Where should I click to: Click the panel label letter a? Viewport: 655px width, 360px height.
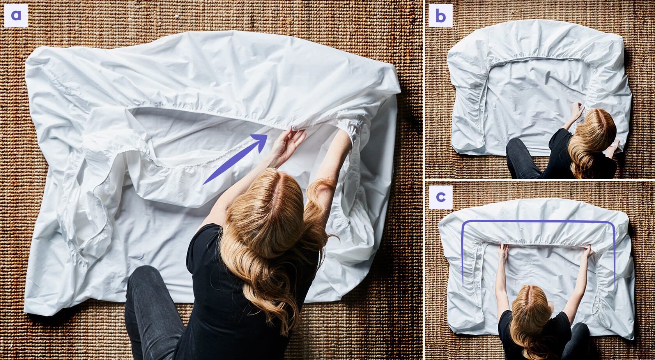click(x=16, y=16)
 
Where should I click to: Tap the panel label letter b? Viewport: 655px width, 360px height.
click(x=441, y=16)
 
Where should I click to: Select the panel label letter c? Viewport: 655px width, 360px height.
click(x=441, y=197)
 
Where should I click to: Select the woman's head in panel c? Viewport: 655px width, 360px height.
click(x=531, y=304)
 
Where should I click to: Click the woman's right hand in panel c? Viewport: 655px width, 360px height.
click(x=588, y=251)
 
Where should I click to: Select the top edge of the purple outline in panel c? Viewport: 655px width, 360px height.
click(x=538, y=221)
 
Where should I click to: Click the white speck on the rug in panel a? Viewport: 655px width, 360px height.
click(x=177, y=16)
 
